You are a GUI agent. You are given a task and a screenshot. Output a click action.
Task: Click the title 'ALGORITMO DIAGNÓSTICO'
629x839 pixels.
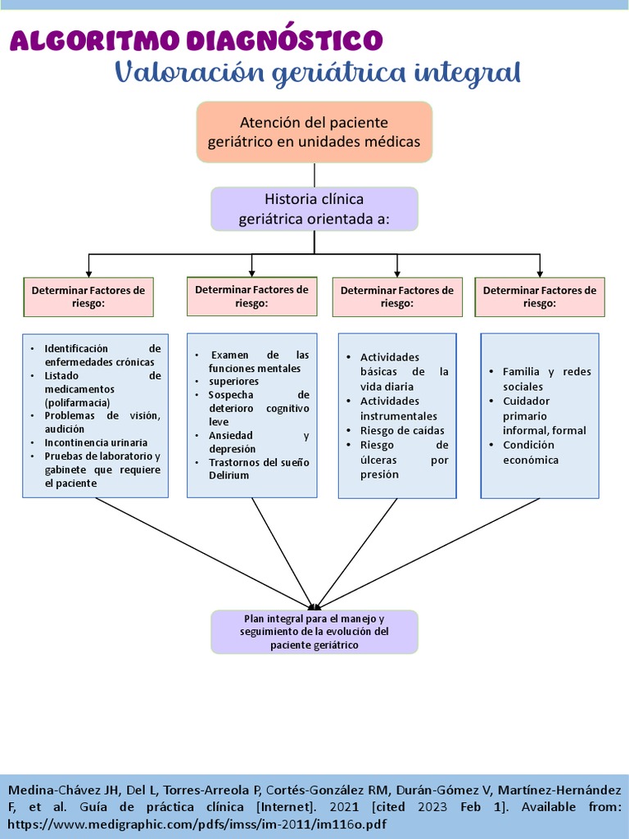point(196,39)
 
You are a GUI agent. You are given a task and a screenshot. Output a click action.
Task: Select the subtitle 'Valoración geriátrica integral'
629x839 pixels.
point(318,72)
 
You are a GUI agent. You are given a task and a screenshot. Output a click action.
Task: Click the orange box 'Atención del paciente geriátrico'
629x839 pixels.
point(314,132)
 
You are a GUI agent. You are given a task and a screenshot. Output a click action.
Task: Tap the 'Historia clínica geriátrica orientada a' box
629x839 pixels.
point(314,209)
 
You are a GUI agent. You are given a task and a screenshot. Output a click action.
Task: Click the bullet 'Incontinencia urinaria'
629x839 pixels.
point(90,442)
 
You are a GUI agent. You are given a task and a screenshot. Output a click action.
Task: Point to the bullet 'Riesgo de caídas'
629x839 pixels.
point(402,431)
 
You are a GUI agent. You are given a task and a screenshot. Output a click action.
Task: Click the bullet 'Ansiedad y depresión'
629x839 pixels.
point(251,442)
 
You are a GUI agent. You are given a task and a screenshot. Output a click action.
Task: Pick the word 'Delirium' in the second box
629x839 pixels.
point(229,475)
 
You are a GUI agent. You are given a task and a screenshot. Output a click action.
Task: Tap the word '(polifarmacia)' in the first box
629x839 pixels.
point(77,402)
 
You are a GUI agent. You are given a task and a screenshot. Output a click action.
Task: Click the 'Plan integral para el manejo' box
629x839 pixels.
point(314,632)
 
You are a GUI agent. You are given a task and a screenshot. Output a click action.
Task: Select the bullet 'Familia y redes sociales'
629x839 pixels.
point(546,379)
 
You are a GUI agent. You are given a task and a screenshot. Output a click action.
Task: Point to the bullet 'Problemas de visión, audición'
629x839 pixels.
point(102,421)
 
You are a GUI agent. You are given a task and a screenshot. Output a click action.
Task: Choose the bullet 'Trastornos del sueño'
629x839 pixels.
point(259,462)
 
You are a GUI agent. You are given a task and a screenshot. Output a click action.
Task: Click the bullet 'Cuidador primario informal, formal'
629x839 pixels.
point(544,415)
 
